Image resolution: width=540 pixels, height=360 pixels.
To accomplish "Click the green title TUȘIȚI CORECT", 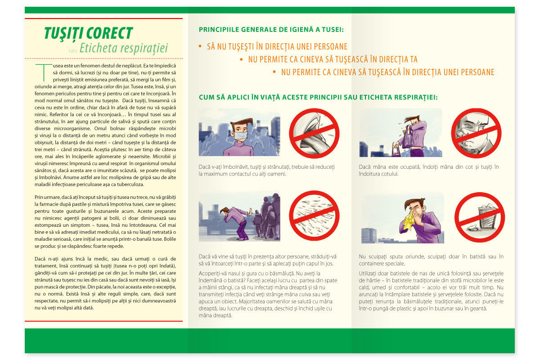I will pos(88,33).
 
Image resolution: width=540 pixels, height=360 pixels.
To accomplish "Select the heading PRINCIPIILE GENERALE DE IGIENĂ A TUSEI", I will pos(271,30).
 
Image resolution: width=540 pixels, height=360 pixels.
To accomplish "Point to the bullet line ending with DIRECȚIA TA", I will pos(333,59).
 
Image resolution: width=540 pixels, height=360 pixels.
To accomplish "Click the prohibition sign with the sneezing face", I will pos(476,133).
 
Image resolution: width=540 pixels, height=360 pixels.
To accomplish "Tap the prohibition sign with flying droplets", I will pos(313,216).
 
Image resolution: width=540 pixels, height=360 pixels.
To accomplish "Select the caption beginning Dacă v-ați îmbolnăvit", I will pos(267,170).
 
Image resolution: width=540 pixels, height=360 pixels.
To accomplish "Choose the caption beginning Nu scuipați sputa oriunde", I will pos(431,260).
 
